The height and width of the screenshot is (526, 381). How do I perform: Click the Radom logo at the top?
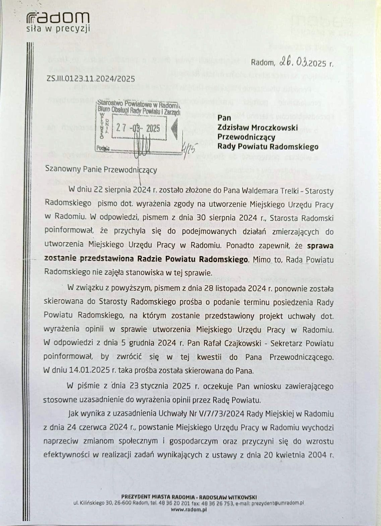coord(58,17)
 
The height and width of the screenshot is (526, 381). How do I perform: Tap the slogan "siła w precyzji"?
coord(58,29)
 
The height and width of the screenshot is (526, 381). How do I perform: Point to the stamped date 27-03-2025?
coord(138,128)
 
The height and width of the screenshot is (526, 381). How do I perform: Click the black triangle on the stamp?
coord(174,128)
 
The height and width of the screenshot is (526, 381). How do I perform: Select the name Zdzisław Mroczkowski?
coord(257,127)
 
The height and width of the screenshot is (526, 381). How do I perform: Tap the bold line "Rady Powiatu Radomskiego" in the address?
coord(267,146)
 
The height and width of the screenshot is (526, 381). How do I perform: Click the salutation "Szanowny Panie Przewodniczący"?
coord(101,169)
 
